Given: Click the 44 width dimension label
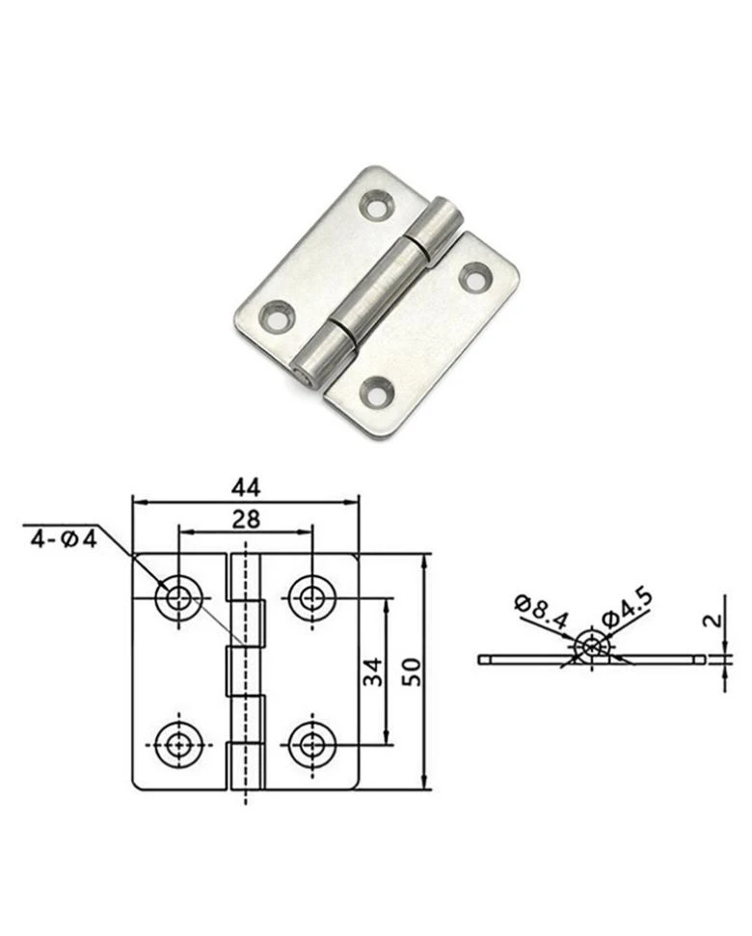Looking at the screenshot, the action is [x=246, y=487].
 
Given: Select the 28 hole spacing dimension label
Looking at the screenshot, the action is [x=246, y=519].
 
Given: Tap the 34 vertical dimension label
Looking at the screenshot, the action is [x=372, y=672].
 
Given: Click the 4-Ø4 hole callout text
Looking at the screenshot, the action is [x=64, y=539].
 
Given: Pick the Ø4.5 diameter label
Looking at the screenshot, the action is [x=627, y=608].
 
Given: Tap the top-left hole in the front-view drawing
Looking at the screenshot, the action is [x=177, y=597].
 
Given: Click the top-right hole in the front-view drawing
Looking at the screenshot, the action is [x=311, y=597].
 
